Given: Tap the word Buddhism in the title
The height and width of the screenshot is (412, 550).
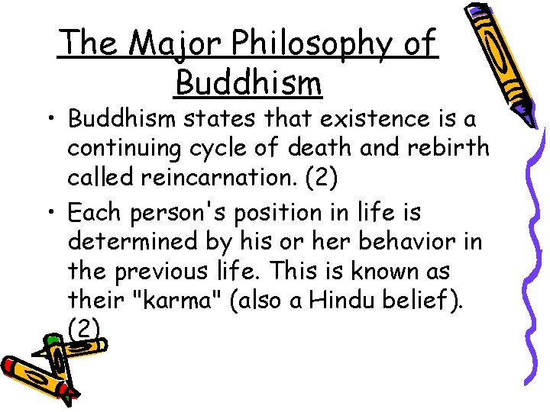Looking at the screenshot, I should tap(248, 82).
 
